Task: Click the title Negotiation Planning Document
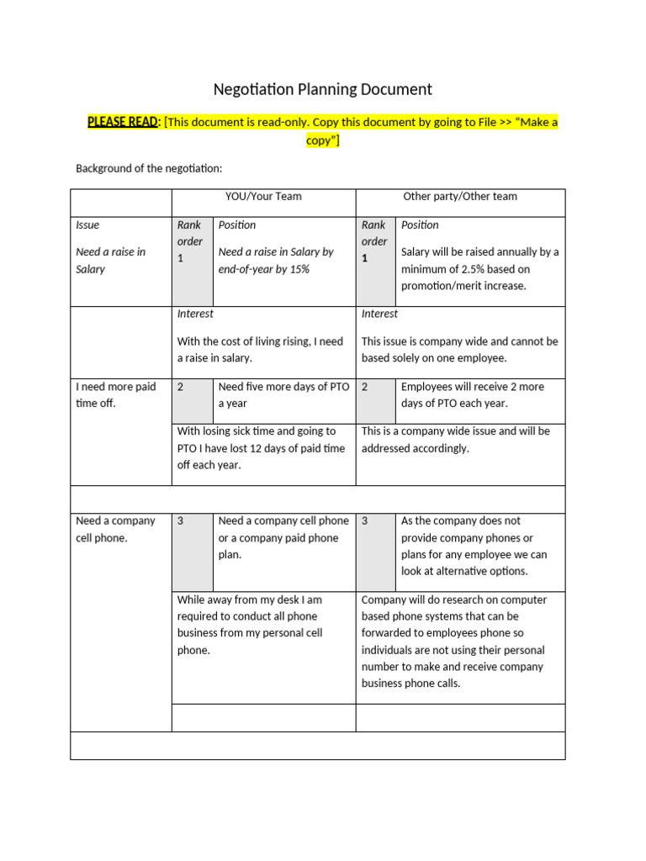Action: pyautogui.click(x=322, y=89)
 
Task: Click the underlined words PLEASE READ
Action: pyautogui.click(x=123, y=122)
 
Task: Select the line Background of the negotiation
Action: pyautogui.click(x=149, y=168)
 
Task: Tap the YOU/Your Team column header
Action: pyautogui.click(x=263, y=196)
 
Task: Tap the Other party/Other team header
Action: pyautogui.click(x=460, y=196)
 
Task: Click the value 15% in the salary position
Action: pyautogui.click(x=298, y=269)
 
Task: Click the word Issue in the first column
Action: pyautogui.click(x=87, y=224)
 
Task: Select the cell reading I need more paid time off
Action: pyautogui.click(x=115, y=395)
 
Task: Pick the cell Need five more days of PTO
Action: pyautogui.click(x=283, y=395)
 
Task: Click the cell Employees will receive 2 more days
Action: pyautogui.click(x=472, y=395)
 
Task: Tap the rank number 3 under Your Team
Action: pyautogui.click(x=181, y=520)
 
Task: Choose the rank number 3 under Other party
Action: pyautogui.click(x=365, y=520)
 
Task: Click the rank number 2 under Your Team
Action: pyautogui.click(x=181, y=387)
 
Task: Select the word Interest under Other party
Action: pyautogui.click(x=379, y=314)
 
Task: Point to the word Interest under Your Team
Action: pyautogui.click(x=195, y=314)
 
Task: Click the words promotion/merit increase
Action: pyautogui.click(x=463, y=286)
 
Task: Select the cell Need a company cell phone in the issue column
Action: pyautogui.click(x=115, y=529)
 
